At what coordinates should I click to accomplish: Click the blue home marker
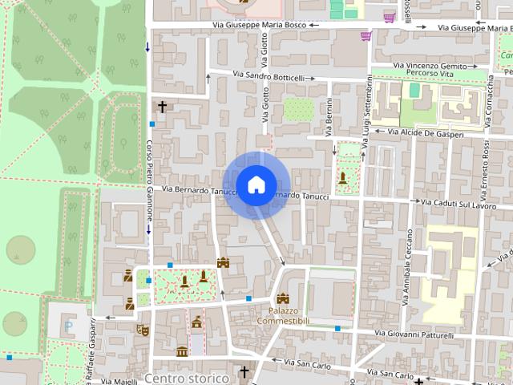click(256, 185)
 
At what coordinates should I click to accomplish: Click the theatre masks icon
click(145, 329)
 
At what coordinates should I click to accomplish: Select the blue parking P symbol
click(68, 326)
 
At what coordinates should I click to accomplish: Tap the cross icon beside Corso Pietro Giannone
click(162, 106)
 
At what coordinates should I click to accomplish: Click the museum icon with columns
click(182, 351)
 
